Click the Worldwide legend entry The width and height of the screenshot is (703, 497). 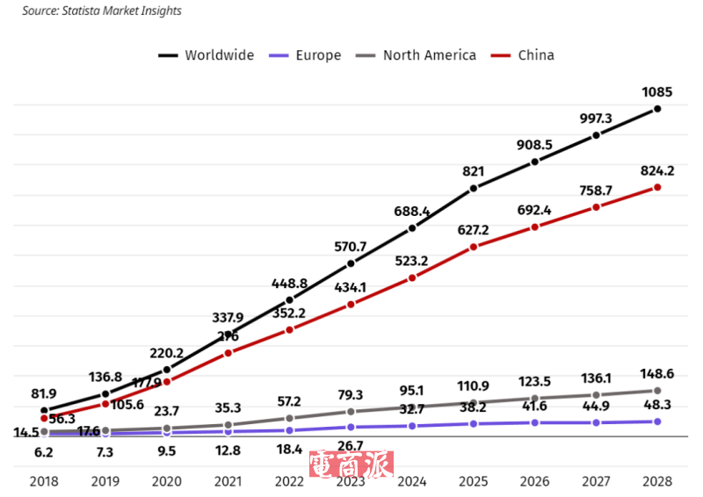click(x=218, y=55)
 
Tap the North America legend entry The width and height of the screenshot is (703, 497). click(x=429, y=55)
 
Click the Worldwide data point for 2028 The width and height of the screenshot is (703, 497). click(x=657, y=109)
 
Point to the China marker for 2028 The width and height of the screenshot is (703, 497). click(x=657, y=187)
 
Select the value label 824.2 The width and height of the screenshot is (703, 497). click(x=657, y=169)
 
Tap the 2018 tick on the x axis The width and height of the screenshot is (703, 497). click(x=43, y=481)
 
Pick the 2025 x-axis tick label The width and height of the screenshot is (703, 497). click(x=473, y=481)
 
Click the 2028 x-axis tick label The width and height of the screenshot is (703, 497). click(x=657, y=481)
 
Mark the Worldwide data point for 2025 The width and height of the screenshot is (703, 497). click(x=473, y=189)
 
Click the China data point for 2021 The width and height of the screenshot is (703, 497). click(x=228, y=353)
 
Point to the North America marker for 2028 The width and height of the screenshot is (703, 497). click(x=657, y=390)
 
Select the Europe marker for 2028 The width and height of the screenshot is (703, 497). click(x=657, y=421)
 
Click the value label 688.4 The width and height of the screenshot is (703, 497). click(x=411, y=212)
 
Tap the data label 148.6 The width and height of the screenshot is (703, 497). click(x=657, y=372)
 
